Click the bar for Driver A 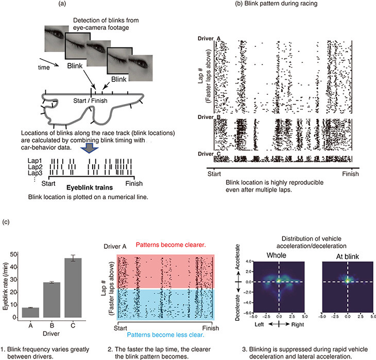[x=30, y=313]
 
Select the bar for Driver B [x=52, y=300]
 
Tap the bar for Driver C [x=73, y=288]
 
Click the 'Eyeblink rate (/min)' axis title [x=6, y=286]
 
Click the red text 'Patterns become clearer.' [x=170, y=245]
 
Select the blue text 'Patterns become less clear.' [x=166, y=335]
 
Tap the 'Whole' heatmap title [x=276, y=255]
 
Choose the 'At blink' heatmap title [x=348, y=256]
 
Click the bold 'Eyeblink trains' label [x=90, y=187]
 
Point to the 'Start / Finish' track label [x=90, y=100]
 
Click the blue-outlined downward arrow [x=90, y=148]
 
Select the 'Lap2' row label [x=35, y=167]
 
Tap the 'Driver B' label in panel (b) [x=209, y=117]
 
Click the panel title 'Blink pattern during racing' [x=281, y=4]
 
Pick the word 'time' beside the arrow [x=44, y=67]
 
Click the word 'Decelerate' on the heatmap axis [x=237, y=307]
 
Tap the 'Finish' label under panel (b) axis [x=350, y=174]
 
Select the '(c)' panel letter [x=6, y=222]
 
